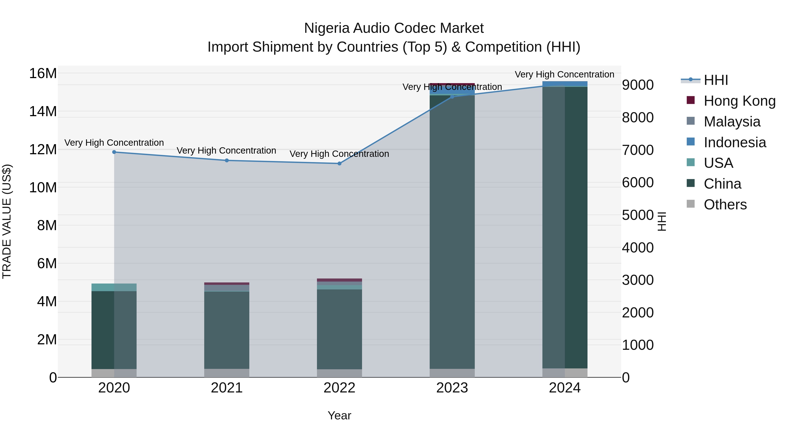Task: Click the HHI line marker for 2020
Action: point(114,152)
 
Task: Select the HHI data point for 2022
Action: point(339,164)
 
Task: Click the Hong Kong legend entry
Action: point(739,101)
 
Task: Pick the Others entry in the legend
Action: point(725,205)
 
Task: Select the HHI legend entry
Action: point(716,80)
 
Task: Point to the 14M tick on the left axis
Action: point(43,112)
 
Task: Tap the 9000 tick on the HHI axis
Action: point(638,85)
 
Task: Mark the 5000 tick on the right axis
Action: point(638,215)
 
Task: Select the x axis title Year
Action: point(339,415)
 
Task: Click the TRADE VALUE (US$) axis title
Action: point(7,221)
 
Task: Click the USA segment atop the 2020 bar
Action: point(114,287)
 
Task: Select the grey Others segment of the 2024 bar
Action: point(565,373)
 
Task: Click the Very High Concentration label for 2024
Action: point(564,75)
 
